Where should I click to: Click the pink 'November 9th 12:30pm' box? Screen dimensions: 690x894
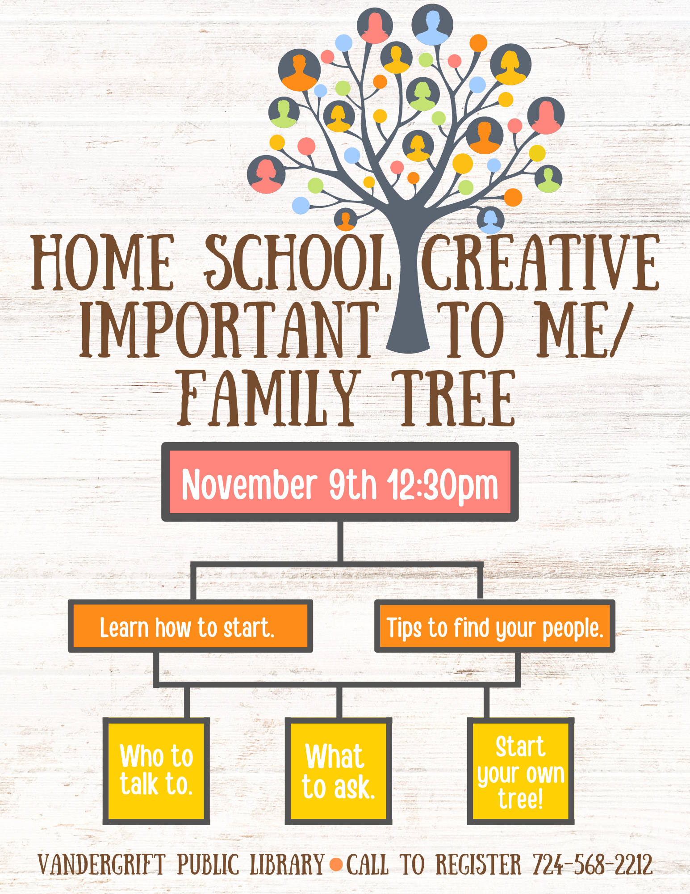(x=340, y=482)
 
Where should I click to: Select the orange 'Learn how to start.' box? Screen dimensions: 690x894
(x=190, y=626)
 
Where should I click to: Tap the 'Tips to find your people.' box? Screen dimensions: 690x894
(x=495, y=626)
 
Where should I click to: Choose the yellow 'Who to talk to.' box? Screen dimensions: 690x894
(x=156, y=771)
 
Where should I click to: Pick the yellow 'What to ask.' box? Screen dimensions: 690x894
(x=339, y=771)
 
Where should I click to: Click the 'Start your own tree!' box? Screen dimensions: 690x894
(x=521, y=771)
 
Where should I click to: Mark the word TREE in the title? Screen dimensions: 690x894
(x=454, y=398)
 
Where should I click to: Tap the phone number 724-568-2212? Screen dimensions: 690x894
(x=593, y=864)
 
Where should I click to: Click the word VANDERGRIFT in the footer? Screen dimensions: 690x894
(x=102, y=864)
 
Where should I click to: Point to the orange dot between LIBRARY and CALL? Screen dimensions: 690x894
(x=336, y=864)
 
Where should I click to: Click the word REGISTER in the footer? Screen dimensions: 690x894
(x=478, y=864)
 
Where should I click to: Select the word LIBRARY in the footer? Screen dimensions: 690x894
(x=287, y=864)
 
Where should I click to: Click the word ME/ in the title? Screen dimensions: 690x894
(x=585, y=330)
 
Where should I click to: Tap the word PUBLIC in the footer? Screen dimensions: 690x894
(x=208, y=864)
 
